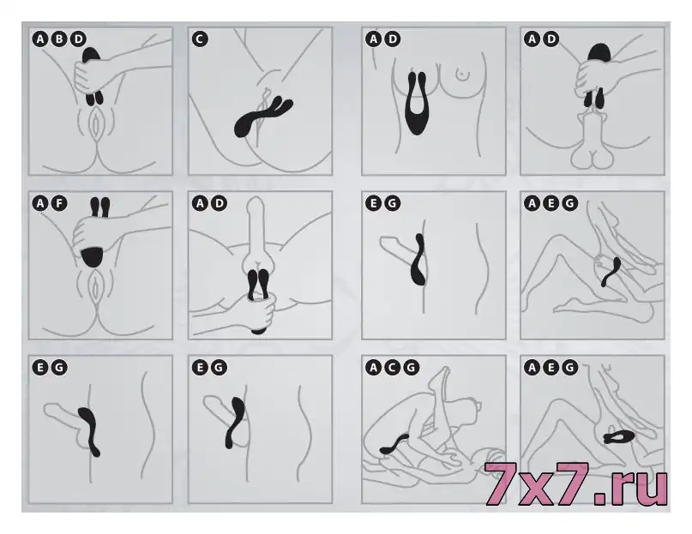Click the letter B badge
[x=59, y=39]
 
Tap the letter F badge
[x=59, y=203]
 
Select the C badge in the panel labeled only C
[x=200, y=39]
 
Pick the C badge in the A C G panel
[x=393, y=367]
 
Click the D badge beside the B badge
[x=78, y=39]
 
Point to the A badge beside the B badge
[x=40, y=39]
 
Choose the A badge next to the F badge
[x=40, y=203]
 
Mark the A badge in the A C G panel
[x=373, y=367]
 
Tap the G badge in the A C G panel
[x=412, y=367]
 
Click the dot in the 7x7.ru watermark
[x=600, y=499]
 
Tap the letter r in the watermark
[x=621, y=489]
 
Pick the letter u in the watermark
[x=651, y=489]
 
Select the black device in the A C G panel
[x=394, y=444]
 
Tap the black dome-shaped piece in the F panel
[x=93, y=257]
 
